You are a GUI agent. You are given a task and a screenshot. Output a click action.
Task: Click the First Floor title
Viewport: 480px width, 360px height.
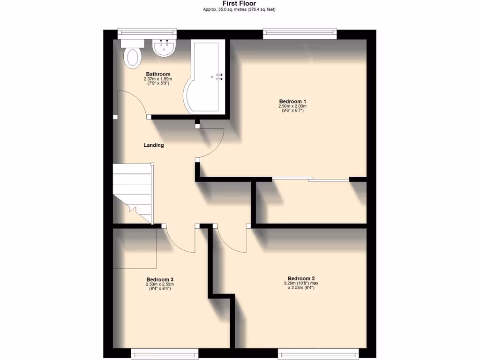240,3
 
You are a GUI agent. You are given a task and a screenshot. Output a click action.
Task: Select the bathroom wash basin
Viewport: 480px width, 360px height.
164,48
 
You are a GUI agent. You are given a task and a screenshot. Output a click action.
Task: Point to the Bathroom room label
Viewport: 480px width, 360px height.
158,74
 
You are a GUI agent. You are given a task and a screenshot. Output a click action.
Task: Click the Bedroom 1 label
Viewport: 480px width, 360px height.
292,101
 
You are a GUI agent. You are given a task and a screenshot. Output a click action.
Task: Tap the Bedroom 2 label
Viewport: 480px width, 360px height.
301,278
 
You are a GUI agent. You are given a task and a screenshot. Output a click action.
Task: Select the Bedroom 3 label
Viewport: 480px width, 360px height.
160,279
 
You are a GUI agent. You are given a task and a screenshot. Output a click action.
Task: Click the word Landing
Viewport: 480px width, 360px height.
154,145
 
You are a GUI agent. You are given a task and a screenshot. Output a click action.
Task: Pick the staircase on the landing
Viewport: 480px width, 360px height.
133,192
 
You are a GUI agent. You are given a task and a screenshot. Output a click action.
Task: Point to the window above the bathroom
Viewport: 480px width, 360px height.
147,32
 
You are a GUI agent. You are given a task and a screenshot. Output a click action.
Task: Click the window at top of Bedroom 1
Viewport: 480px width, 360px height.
300,32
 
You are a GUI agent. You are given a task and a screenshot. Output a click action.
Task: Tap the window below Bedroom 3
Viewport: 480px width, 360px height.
165,352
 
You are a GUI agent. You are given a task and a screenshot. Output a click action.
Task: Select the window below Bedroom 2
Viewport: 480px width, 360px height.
318,352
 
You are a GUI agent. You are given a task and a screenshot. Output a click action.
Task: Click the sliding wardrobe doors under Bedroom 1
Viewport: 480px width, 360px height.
311,179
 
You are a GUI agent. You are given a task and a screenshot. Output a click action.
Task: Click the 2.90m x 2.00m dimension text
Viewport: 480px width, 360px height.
292,106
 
